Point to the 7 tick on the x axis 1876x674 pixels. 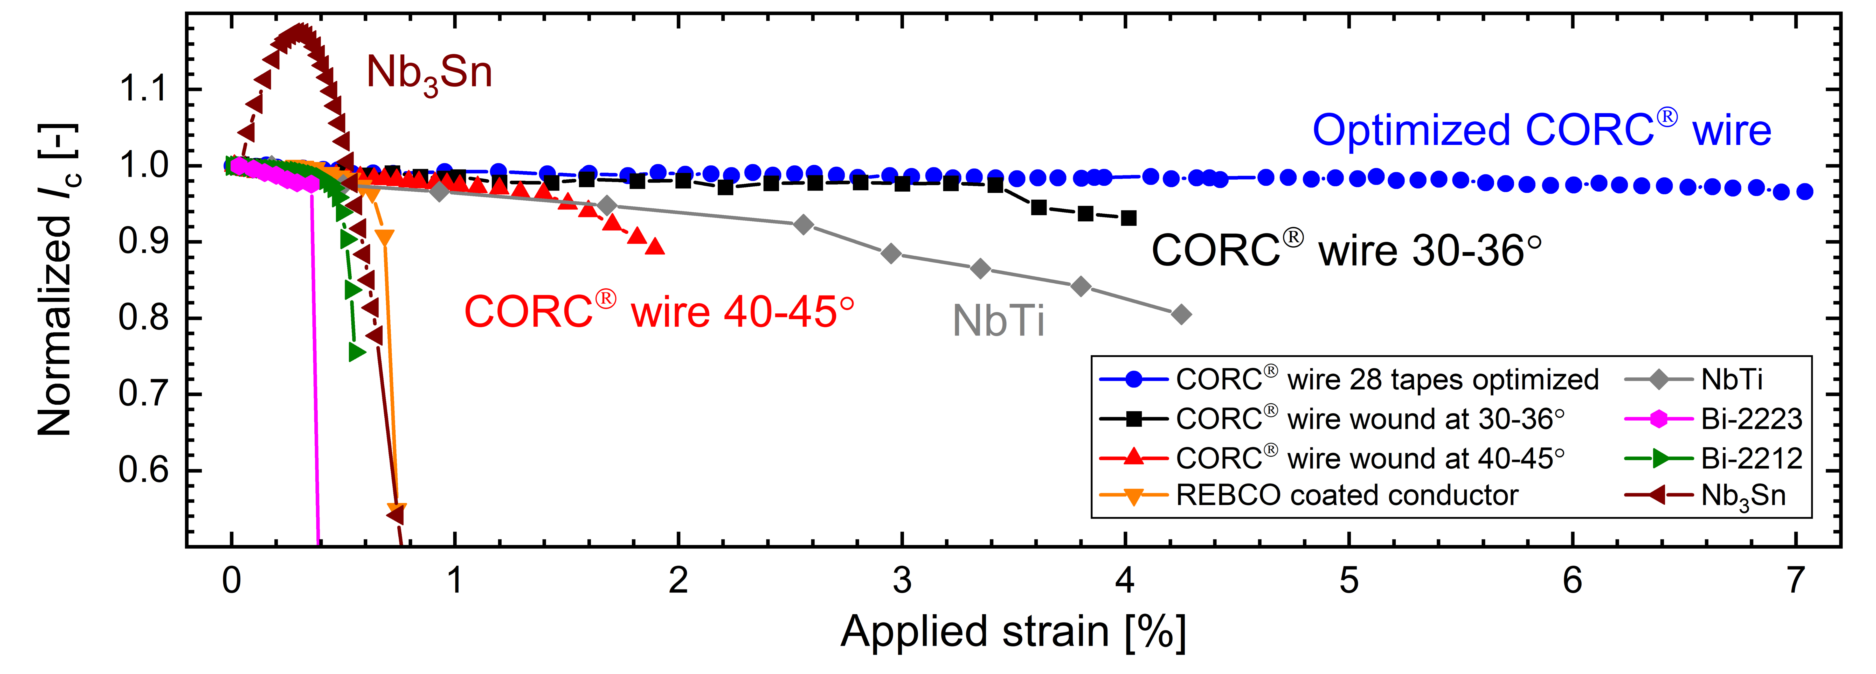tap(1796, 580)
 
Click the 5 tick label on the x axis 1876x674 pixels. tap(1349, 580)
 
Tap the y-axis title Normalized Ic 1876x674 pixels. tap(58, 280)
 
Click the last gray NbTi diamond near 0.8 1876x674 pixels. tap(1181, 314)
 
